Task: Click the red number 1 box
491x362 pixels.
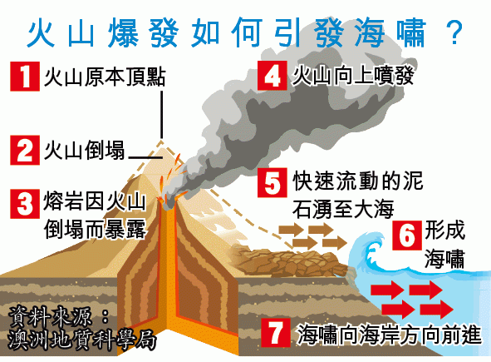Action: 25,77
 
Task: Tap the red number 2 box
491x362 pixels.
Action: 25,150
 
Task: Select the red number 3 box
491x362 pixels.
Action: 25,204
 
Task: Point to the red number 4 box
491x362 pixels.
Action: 272,75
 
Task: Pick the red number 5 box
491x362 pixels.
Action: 272,182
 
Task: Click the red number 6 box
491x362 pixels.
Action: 407,236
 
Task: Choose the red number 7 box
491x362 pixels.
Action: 276,333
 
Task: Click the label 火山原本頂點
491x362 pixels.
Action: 105,77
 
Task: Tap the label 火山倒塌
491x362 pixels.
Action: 84,150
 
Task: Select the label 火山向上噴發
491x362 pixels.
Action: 353,75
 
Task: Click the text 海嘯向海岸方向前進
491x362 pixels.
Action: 389,335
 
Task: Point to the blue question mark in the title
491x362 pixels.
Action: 453,32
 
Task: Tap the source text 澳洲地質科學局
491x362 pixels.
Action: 82,340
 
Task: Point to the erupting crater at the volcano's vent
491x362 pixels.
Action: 169,202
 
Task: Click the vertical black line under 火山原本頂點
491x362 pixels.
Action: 161,115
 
